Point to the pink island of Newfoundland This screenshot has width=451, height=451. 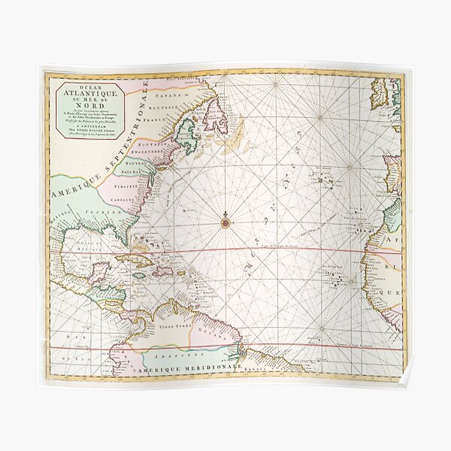216,116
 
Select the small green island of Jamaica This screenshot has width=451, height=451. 140,276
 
